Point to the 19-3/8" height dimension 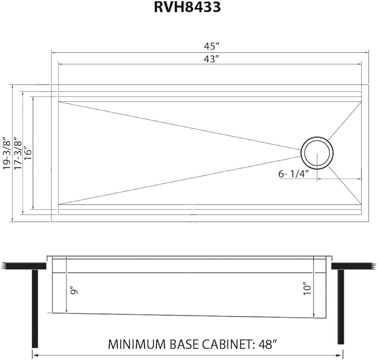6,153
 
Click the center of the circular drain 318,152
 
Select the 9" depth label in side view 72,291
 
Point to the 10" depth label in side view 307,290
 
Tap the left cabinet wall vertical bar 35,307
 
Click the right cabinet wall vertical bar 341,307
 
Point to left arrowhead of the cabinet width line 35,354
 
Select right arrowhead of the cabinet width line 342,354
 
